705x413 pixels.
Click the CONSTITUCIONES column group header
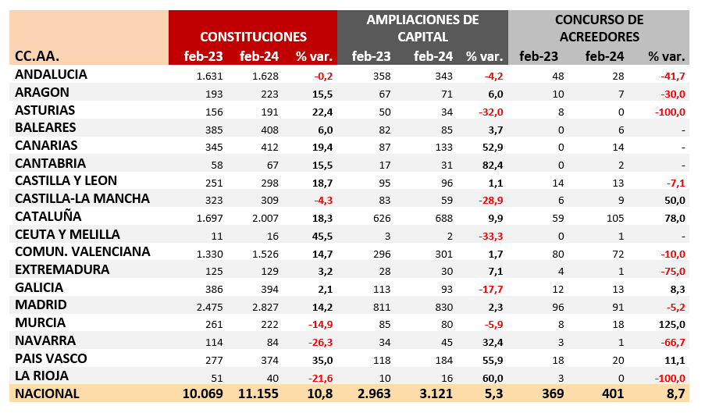[x=253, y=37]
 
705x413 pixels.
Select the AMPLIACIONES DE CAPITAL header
[x=422, y=28]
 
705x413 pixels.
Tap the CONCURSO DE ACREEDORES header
[x=599, y=28]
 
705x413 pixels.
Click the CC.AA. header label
[x=37, y=55]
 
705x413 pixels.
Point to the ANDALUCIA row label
[x=51, y=75]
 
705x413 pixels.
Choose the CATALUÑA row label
[x=48, y=216]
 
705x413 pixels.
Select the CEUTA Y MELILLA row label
[x=67, y=234]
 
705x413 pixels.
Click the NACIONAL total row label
[x=48, y=393]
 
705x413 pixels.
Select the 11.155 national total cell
[x=258, y=393]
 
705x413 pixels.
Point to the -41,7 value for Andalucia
[x=671, y=76]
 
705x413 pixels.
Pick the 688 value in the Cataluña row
[x=442, y=217]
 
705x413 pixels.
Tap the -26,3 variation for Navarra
[x=318, y=341]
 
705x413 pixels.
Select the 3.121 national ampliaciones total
[x=434, y=393]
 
